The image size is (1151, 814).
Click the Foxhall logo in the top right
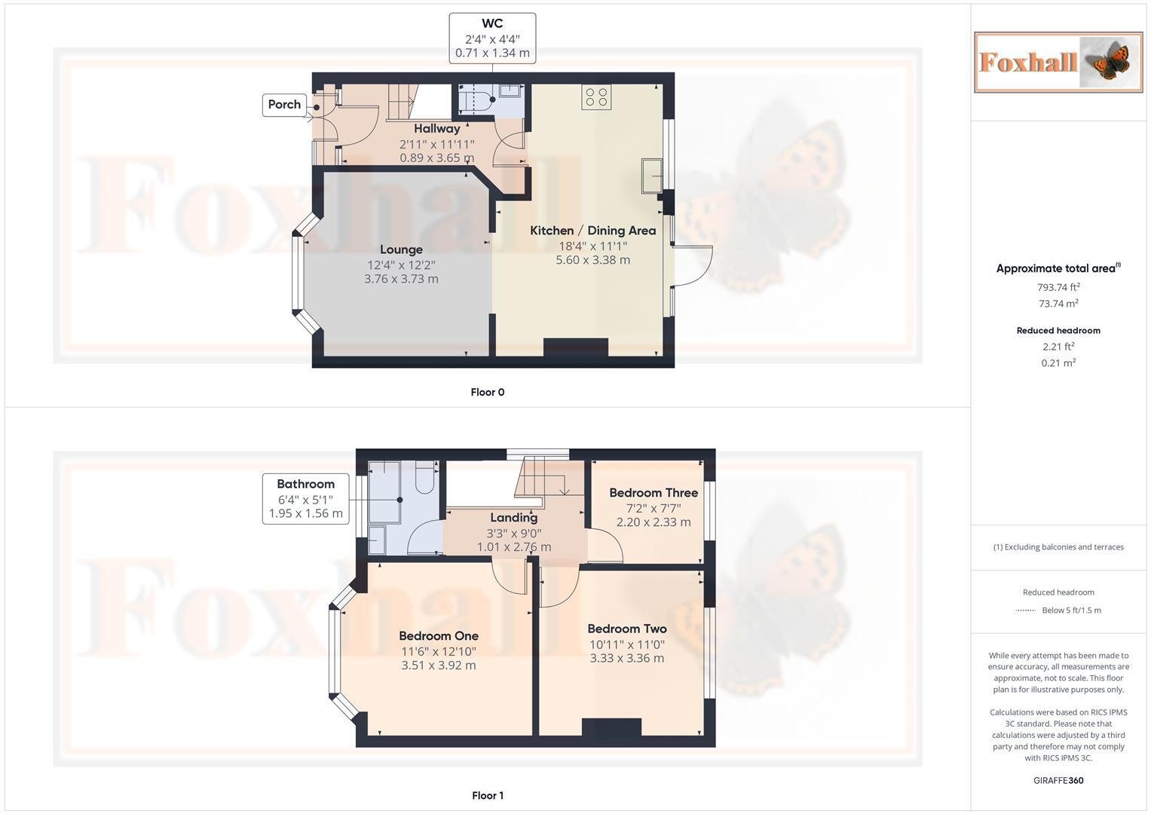(1058, 62)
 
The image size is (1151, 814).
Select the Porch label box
(284, 105)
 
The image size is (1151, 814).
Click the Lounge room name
(401, 249)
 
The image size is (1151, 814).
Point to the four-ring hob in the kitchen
(596, 97)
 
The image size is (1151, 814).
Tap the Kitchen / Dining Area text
(592, 231)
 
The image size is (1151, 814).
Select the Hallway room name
(436, 129)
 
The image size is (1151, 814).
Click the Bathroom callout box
(305, 498)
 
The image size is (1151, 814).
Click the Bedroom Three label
(654, 493)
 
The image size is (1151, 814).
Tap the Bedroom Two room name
(626, 629)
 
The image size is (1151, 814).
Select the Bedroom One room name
(439, 636)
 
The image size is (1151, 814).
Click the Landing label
(513, 518)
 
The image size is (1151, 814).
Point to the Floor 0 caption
(487, 392)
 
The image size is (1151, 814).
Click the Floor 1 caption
(487, 795)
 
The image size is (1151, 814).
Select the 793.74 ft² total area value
(1058, 287)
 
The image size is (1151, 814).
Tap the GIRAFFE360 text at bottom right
(1058, 780)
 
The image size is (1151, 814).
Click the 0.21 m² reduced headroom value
(1058, 363)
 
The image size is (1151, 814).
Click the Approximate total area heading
(1058, 268)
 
